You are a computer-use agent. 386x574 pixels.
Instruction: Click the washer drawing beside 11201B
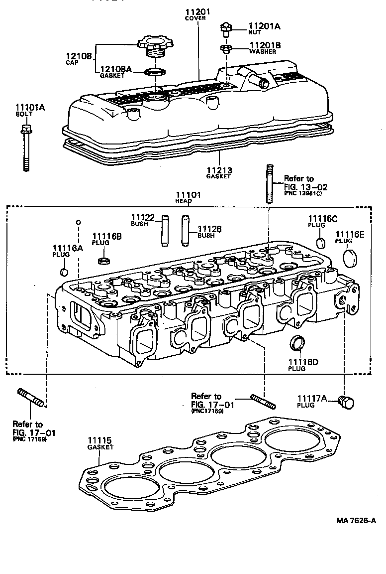click(x=226, y=49)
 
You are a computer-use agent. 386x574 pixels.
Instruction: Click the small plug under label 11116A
click(x=64, y=272)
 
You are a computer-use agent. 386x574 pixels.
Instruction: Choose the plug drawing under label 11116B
click(x=104, y=261)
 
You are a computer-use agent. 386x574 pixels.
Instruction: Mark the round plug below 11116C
click(x=321, y=243)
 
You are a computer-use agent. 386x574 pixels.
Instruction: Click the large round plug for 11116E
click(x=351, y=256)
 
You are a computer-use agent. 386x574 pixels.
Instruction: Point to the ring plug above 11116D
click(x=297, y=343)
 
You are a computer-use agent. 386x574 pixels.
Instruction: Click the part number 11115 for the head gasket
click(x=100, y=440)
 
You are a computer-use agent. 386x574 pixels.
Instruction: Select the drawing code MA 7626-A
click(x=355, y=520)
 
